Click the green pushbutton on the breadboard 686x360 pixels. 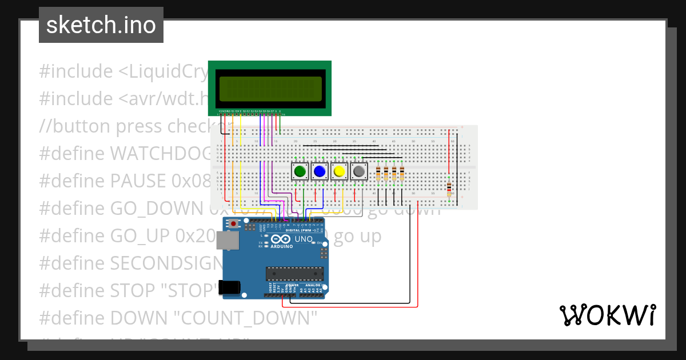[x=300, y=171]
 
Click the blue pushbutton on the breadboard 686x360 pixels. [x=320, y=171]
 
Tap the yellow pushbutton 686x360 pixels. [x=340, y=171]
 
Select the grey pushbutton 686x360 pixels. [x=359, y=171]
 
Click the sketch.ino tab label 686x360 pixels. [x=101, y=25]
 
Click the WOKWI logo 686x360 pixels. [x=607, y=315]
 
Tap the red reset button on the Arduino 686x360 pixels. [x=233, y=223]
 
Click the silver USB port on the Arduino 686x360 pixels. [x=228, y=242]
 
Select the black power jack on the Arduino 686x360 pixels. [x=230, y=287]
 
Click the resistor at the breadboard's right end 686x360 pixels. [x=449, y=187]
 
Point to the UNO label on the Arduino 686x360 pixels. [x=304, y=239]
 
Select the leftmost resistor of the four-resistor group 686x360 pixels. [x=378, y=173]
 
